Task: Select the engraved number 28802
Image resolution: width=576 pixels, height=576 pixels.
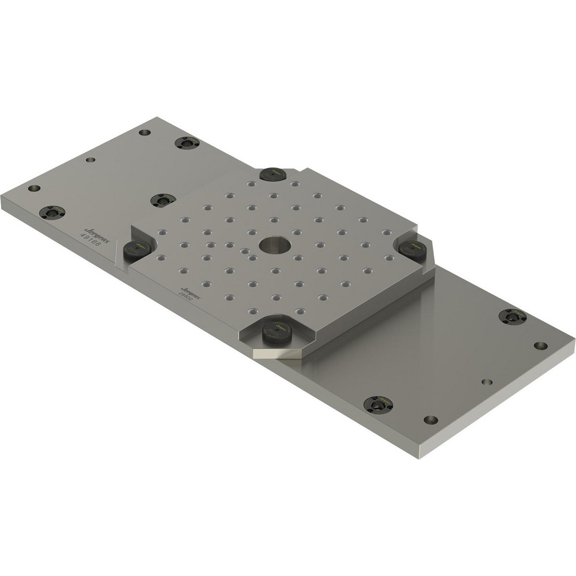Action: (x=188, y=296)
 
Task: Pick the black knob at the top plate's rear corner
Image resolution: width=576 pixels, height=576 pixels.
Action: (x=272, y=173)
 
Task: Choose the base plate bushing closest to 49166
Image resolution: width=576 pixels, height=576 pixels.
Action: (x=52, y=212)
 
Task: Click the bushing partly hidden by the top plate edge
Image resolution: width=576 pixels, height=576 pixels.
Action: (x=163, y=200)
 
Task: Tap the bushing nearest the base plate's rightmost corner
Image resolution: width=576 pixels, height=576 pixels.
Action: (x=512, y=316)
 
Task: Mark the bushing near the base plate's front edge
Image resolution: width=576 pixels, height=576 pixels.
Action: (x=378, y=404)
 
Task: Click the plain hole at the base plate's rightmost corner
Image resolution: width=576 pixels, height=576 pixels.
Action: (x=540, y=346)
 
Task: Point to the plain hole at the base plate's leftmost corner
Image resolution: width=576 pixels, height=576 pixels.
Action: (x=34, y=188)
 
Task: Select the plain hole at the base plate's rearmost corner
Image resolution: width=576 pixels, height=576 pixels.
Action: (x=145, y=132)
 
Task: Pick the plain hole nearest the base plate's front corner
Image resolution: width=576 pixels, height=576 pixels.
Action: (x=430, y=419)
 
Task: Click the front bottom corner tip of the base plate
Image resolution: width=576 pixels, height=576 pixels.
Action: (x=419, y=458)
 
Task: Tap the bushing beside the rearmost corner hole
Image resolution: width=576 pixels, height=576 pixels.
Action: (x=187, y=142)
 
